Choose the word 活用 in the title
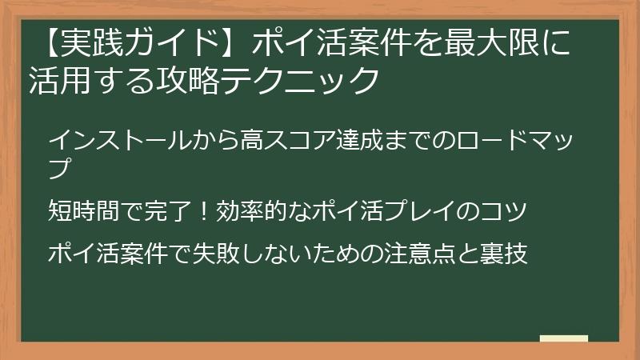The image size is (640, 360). click(x=58, y=81)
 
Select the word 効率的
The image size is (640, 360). click(x=254, y=212)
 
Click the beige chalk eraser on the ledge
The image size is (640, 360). click(x=563, y=339)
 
